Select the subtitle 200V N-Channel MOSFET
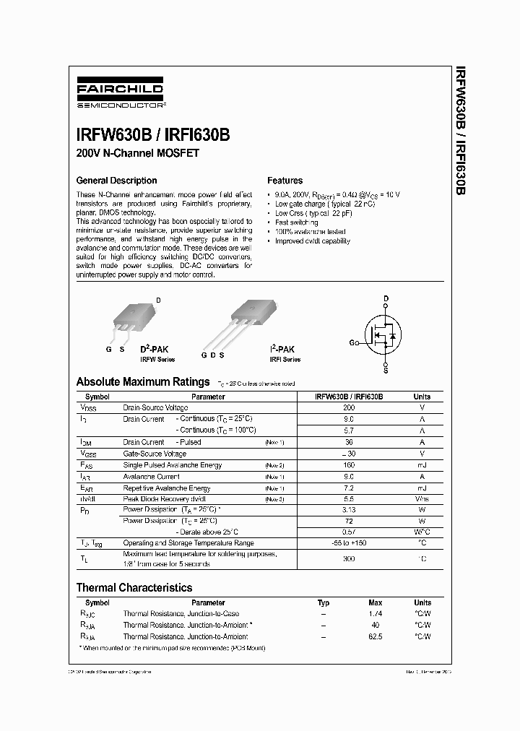click(x=137, y=153)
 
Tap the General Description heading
click(x=116, y=181)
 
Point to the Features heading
click(x=285, y=181)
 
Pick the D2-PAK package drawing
click(x=134, y=319)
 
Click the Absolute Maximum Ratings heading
click(x=143, y=381)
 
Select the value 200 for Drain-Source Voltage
click(x=349, y=407)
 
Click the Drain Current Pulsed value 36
click(x=349, y=442)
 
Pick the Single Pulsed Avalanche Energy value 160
click(x=349, y=465)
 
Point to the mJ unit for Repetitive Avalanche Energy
click(x=422, y=488)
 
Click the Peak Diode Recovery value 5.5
click(x=349, y=500)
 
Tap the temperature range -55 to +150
click(x=349, y=542)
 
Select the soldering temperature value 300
click(x=349, y=558)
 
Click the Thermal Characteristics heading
click(x=134, y=587)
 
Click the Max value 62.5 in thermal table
click(x=375, y=636)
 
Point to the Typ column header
click(x=324, y=602)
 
